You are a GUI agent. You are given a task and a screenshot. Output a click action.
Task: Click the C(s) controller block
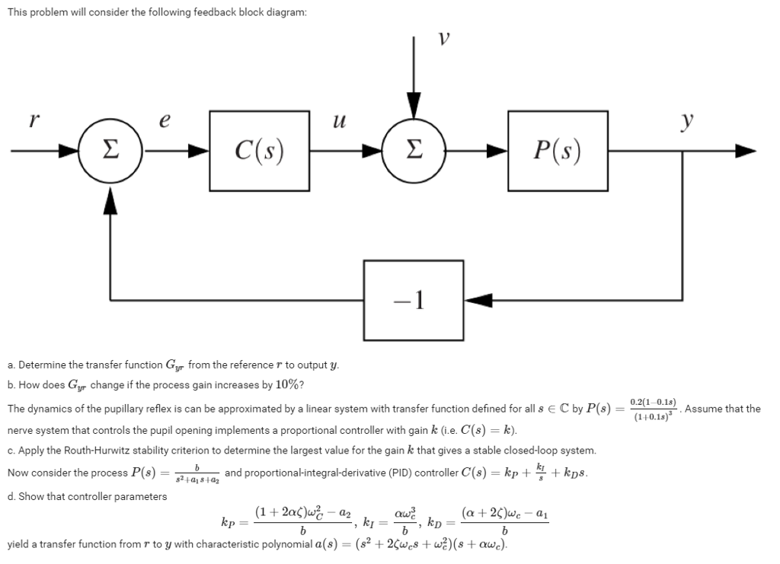pos(258,151)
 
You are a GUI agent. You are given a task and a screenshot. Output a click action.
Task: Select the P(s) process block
pos(558,151)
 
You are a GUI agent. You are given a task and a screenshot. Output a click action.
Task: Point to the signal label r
pos(33,119)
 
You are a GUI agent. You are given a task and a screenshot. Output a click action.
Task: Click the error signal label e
pos(168,119)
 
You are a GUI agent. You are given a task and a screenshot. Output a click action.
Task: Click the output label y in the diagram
pos(686,120)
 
